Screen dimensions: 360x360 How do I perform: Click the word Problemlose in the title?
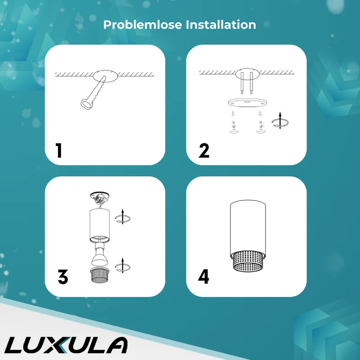pyautogui.click(x=143, y=25)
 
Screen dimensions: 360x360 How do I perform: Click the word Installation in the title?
pyautogui.click(x=221, y=25)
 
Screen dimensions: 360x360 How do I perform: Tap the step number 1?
pyautogui.click(x=59, y=150)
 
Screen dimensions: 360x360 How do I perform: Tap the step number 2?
pyautogui.click(x=204, y=151)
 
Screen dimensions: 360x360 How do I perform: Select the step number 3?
pyautogui.click(x=63, y=277)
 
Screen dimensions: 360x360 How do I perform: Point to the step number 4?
pyautogui.click(x=203, y=277)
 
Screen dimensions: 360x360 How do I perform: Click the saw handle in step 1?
pyautogui.click(x=86, y=104)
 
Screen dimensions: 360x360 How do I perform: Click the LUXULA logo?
pyautogui.click(x=66, y=345)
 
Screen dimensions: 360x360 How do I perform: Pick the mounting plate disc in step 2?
pyautogui.click(x=247, y=103)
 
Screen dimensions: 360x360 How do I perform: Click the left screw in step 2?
pyautogui.click(x=234, y=122)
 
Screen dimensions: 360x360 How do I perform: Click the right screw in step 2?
pyautogui.click(x=261, y=122)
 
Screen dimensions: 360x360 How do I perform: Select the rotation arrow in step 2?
pyautogui.click(x=280, y=121)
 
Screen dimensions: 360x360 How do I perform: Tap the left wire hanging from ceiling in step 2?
pyautogui.click(x=242, y=83)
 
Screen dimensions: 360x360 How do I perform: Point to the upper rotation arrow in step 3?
pyautogui.click(x=122, y=217)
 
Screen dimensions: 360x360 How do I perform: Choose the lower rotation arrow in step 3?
pyautogui.click(x=122, y=266)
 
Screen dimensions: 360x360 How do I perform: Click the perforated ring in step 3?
pyautogui.click(x=99, y=275)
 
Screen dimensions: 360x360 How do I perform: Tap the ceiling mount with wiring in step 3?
pyautogui.click(x=99, y=198)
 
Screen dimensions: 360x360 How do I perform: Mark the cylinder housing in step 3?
pyautogui.click(x=99, y=225)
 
